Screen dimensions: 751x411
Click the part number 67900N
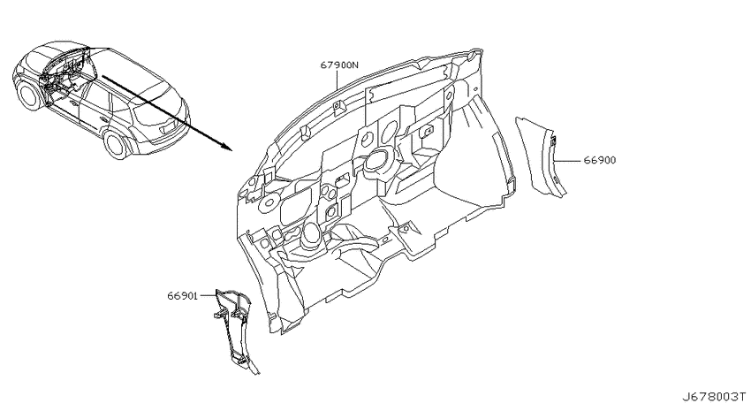339,65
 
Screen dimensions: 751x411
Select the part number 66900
599,160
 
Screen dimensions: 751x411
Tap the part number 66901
183,296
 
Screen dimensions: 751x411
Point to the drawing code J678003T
714,397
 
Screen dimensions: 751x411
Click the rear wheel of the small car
117,144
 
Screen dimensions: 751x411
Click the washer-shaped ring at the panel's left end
266,203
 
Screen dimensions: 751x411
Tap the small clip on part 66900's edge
553,141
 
